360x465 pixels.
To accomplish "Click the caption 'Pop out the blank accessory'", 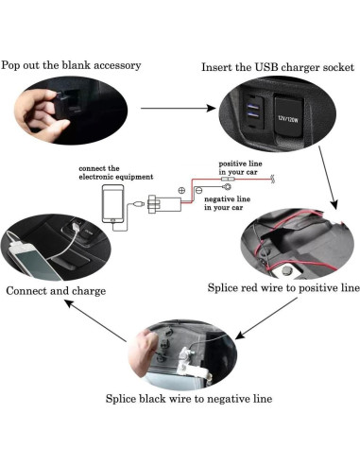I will [x=71, y=65].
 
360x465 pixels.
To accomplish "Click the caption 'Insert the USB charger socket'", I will [x=277, y=67].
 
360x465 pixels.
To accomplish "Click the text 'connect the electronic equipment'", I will [x=111, y=172].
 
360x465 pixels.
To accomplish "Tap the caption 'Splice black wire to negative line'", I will [x=189, y=398].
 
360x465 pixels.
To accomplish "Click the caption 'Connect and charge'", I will [x=55, y=290].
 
